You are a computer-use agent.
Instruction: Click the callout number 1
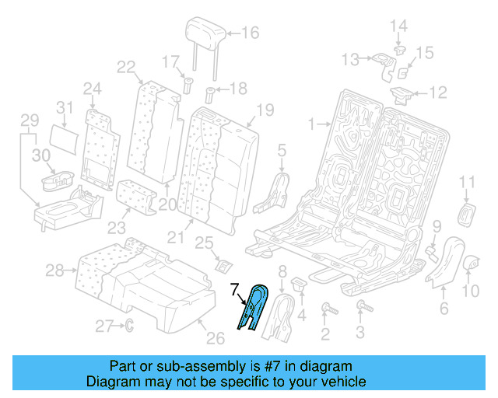point(312,124)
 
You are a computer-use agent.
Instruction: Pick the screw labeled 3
point(360,309)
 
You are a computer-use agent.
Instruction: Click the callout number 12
point(438,93)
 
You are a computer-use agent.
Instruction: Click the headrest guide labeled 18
point(209,97)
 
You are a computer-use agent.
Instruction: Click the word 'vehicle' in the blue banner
point(341,382)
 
